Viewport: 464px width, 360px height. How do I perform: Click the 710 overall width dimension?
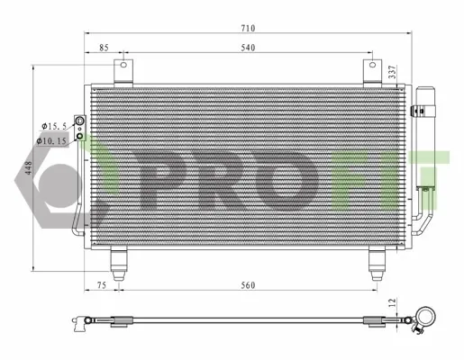click(x=248, y=28)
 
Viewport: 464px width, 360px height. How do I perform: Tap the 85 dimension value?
click(x=104, y=48)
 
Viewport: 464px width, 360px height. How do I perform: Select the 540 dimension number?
click(x=248, y=48)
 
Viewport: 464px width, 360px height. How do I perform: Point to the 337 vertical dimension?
click(x=393, y=72)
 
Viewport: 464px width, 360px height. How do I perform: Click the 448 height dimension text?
click(x=29, y=168)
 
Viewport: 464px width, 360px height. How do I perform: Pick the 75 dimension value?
click(x=102, y=285)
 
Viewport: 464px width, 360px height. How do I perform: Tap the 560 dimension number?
click(x=248, y=285)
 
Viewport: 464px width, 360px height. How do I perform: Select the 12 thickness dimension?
click(x=393, y=302)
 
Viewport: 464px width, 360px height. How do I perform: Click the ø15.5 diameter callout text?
click(x=54, y=126)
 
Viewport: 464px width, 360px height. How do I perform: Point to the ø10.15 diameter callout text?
click(x=51, y=140)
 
